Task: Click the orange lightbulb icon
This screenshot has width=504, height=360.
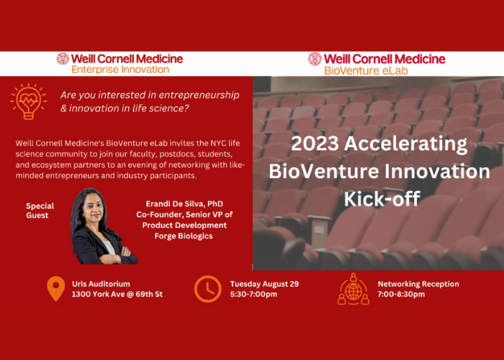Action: (x=28, y=102)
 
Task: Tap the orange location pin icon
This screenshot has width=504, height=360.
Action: (x=56, y=289)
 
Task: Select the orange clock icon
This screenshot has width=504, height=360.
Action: (x=207, y=289)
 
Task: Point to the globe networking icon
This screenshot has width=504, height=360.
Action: (x=354, y=289)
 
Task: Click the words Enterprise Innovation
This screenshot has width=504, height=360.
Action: (x=120, y=69)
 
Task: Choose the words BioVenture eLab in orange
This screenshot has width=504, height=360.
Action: (x=366, y=71)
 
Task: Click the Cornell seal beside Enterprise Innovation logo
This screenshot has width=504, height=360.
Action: (x=63, y=58)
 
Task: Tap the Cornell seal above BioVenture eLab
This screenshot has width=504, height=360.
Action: (x=315, y=59)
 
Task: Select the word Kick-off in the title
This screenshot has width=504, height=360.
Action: (x=382, y=198)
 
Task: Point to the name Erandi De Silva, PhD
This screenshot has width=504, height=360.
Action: (x=184, y=204)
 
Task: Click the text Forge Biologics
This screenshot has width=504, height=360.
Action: (x=184, y=236)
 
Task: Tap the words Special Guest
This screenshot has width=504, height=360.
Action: (x=40, y=210)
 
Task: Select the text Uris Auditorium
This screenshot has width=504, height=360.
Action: (x=101, y=284)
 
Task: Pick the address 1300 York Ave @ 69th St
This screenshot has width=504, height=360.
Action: (x=117, y=294)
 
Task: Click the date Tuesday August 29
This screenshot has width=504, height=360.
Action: (x=264, y=284)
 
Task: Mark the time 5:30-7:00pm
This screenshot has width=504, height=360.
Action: (x=253, y=294)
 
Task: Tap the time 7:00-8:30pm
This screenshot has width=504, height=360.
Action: (x=401, y=294)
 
